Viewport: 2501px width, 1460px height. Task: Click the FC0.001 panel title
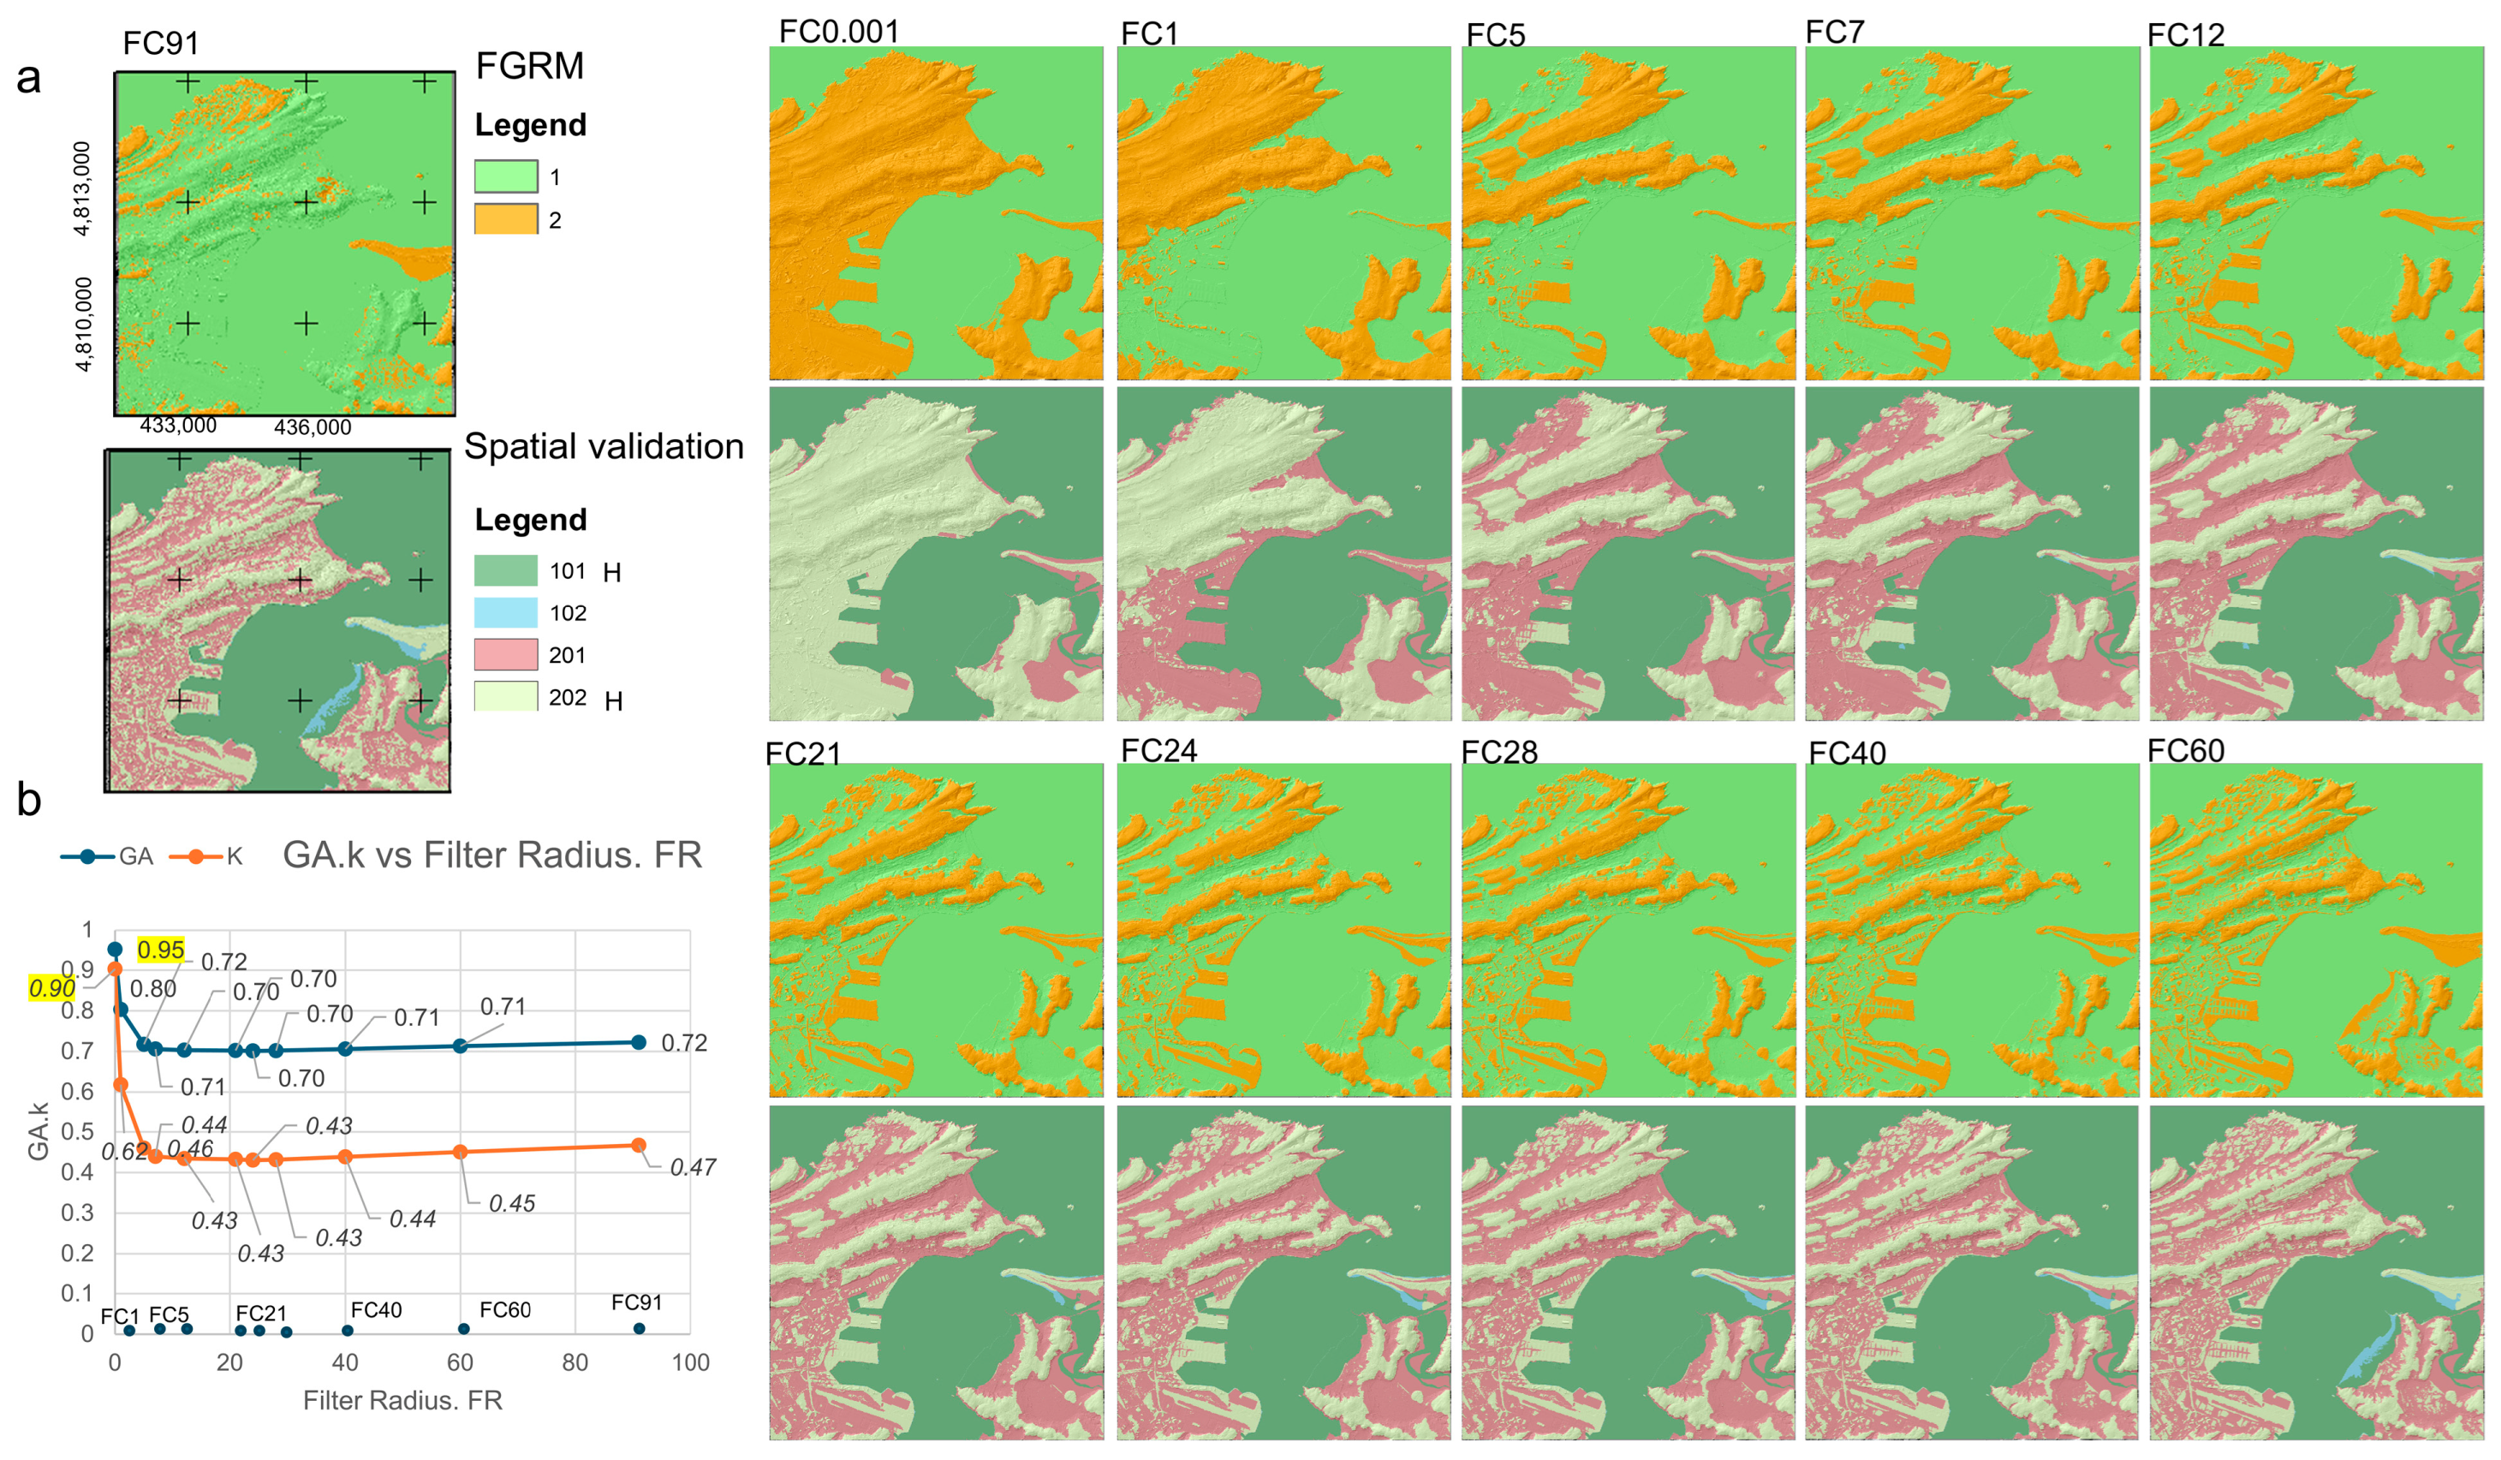tap(838, 32)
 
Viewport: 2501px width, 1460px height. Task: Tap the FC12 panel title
tap(2185, 35)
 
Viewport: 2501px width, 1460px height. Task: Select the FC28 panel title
tap(1498, 753)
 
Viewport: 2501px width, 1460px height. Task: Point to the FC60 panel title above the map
tap(2185, 750)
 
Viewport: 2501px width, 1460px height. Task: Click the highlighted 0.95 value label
tap(161, 950)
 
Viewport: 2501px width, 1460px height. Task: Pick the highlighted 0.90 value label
tap(51, 988)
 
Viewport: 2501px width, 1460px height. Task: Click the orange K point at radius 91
tap(638, 1146)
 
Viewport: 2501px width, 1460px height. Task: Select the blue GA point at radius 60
tap(460, 1046)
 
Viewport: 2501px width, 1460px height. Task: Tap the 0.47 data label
tap(693, 1168)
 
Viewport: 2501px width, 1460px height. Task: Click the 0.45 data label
tap(512, 1204)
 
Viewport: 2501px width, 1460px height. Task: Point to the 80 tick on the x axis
tap(575, 1362)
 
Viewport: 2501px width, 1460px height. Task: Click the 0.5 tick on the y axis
tap(77, 1131)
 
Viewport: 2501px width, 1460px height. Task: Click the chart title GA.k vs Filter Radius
tap(492, 855)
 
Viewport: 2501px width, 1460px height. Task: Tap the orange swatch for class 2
tap(505, 219)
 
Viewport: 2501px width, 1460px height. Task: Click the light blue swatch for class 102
tap(505, 612)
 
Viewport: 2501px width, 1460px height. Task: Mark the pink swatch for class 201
tap(505, 655)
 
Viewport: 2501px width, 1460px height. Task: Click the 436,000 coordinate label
tap(313, 428)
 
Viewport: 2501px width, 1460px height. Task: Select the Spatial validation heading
tap(604, 447)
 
